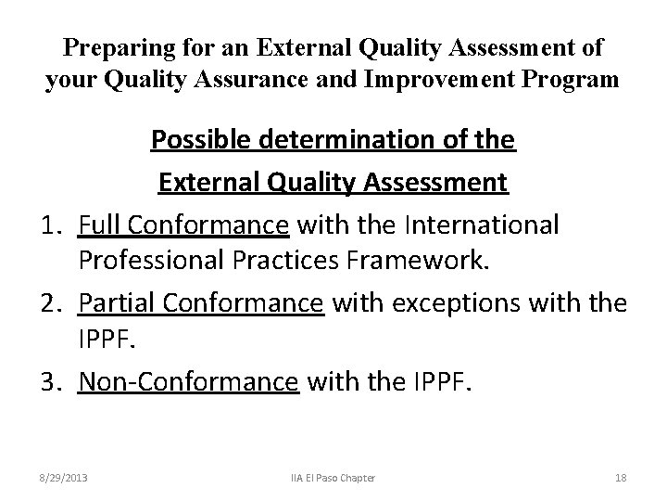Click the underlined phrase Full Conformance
point(183,225)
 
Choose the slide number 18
point(620,477)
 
